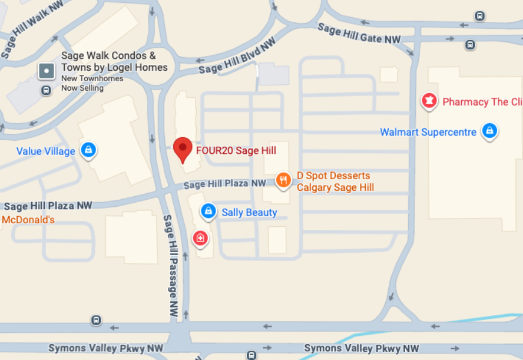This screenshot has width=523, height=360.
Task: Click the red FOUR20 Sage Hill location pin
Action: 183,148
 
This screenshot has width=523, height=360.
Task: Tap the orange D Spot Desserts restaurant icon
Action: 283,180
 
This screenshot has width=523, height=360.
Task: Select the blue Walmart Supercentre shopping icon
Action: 489,130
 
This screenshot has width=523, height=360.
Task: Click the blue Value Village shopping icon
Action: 88,150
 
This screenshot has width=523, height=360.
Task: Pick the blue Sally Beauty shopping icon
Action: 208,210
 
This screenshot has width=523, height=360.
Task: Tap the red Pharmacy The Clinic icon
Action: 429,101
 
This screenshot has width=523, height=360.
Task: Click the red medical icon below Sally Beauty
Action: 200,238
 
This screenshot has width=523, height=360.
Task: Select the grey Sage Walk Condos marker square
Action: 47,71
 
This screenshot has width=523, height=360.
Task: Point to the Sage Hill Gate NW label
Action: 359,34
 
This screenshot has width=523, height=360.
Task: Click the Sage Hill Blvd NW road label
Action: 237,57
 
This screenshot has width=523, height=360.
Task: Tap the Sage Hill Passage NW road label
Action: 171,266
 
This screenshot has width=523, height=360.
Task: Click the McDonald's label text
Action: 28,220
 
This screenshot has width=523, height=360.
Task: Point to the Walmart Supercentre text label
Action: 428,132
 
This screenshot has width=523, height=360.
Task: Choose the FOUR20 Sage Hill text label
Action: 236,151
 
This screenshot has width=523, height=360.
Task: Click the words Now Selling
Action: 82,88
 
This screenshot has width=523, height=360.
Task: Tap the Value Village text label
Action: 45,151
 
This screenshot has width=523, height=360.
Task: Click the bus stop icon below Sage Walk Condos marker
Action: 45,90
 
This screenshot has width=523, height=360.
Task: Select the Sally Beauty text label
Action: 249,212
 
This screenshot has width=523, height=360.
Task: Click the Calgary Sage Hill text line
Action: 335,187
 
